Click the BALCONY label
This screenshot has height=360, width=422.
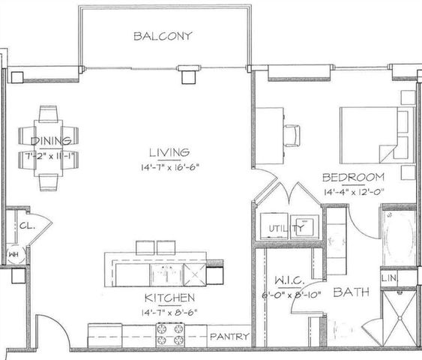tap(163, 36)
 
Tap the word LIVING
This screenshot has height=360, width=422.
tap(169, 151)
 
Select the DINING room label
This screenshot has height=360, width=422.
tap(51, 140)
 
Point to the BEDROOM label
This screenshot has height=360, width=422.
tap(354, 178)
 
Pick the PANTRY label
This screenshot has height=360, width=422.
tap(229, 337)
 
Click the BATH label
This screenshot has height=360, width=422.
tap(349, 291)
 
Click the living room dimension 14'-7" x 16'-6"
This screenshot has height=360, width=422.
tap(169, 166)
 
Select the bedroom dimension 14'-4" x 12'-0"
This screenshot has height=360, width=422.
tap(354, 192)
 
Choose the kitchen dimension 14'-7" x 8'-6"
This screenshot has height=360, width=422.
tap(158, 312)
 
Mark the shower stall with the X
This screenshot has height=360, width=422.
tap(397, 317)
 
